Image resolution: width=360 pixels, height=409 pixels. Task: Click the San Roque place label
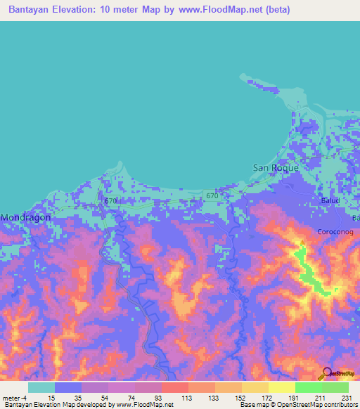[276, 168]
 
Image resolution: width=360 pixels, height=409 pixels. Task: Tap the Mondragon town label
[25, 218]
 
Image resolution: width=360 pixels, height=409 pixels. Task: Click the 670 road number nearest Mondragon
[110, 201]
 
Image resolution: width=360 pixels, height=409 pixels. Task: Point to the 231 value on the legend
[345, 397]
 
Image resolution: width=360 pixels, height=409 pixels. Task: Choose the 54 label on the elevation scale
[105, 397]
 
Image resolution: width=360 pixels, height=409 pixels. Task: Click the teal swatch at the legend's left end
[41, 387]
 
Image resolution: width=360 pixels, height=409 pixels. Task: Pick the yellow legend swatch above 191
[282, 387]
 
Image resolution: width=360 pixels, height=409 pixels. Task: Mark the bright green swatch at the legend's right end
[335, 387]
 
